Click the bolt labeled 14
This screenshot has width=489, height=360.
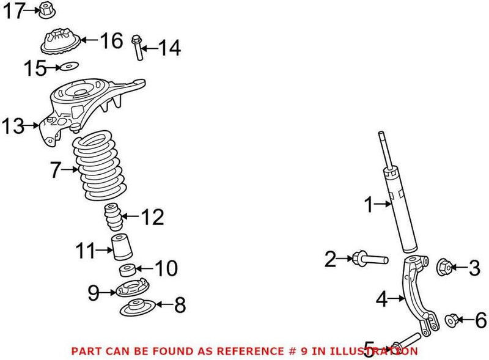coord(137,47)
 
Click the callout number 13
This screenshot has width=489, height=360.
coord(12,127)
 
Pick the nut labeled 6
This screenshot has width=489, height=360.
coord(451,319)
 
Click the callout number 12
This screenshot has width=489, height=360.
coord(152,217)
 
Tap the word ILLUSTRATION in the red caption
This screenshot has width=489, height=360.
coord(376,351)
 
